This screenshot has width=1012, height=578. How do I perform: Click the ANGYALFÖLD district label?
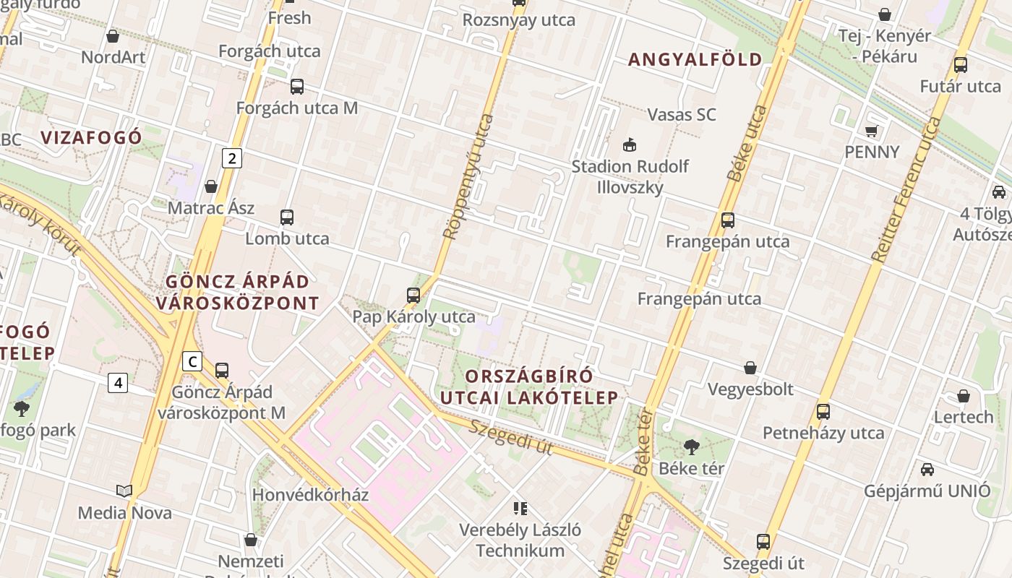695,59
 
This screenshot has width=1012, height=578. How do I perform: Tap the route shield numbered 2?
231,158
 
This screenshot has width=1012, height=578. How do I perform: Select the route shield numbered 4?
118,382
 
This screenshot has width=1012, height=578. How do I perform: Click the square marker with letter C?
192,361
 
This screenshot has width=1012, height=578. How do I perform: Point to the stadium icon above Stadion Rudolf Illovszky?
630,144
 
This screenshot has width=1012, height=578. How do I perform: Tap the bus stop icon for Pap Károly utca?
413,295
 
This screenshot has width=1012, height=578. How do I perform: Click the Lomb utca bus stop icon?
287,217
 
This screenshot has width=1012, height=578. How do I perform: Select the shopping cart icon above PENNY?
872,131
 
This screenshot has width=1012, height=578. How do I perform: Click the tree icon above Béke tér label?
691,447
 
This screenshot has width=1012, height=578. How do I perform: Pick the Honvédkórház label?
310,495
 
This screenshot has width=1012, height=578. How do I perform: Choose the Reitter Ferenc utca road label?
906,189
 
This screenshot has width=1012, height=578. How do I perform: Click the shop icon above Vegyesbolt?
750,368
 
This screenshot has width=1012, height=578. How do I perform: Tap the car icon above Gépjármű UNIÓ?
927,470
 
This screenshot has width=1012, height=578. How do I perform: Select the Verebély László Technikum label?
520,540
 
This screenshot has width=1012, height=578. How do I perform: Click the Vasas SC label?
682,114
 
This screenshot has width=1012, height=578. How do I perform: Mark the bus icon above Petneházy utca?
823,412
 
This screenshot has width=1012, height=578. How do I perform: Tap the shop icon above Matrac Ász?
211,186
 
